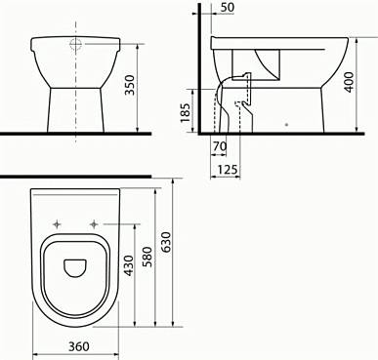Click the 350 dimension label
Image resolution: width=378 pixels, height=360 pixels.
(x=130, y=85)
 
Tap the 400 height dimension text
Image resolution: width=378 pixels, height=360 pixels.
(x=349, y=82)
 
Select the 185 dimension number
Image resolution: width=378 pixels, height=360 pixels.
(x=186, y=112)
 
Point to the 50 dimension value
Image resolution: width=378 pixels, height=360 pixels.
(x=227, y=8)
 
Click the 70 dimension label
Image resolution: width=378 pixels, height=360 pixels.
(x=220, y=146)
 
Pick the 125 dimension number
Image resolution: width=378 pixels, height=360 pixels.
(x=228, y=170)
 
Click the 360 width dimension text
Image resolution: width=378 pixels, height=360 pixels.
(x=78, y=346)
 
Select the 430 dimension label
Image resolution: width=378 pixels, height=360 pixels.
(x=129, y=265)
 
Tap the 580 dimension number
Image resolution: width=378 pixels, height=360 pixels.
(x=147, y=257)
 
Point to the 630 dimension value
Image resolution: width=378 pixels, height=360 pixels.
(x=166, y=242)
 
